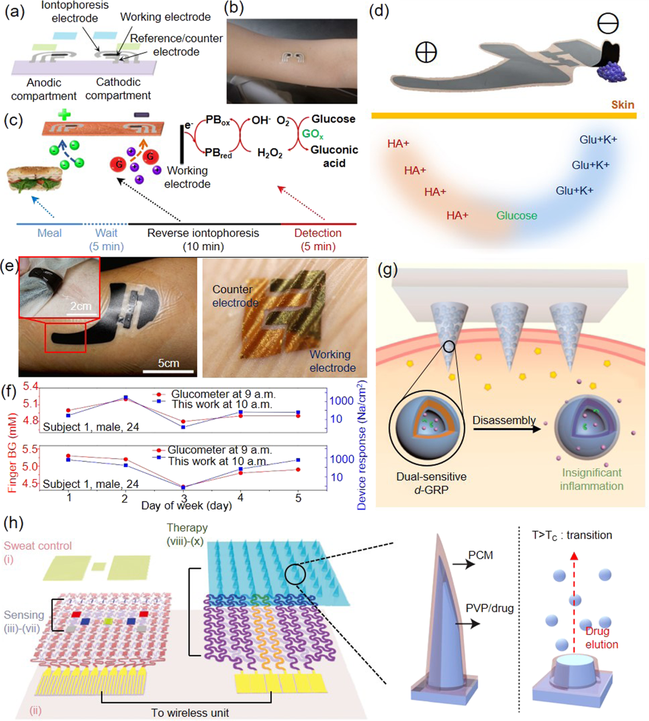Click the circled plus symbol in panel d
(426, 52)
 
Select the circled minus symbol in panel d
(608, 24)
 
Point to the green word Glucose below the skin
(516, 216)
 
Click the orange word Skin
(622, 105)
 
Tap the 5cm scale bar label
(168, 363)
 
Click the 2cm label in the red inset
(81, 306)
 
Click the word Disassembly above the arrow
(504, 420)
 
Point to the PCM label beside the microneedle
(480, 555)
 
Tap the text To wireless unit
(190, 713)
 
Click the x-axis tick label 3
(184, 498)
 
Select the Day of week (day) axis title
(186, 506)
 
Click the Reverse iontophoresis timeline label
(203, 233)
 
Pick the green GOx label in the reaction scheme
(313, 134)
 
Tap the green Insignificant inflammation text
(591, 479)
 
